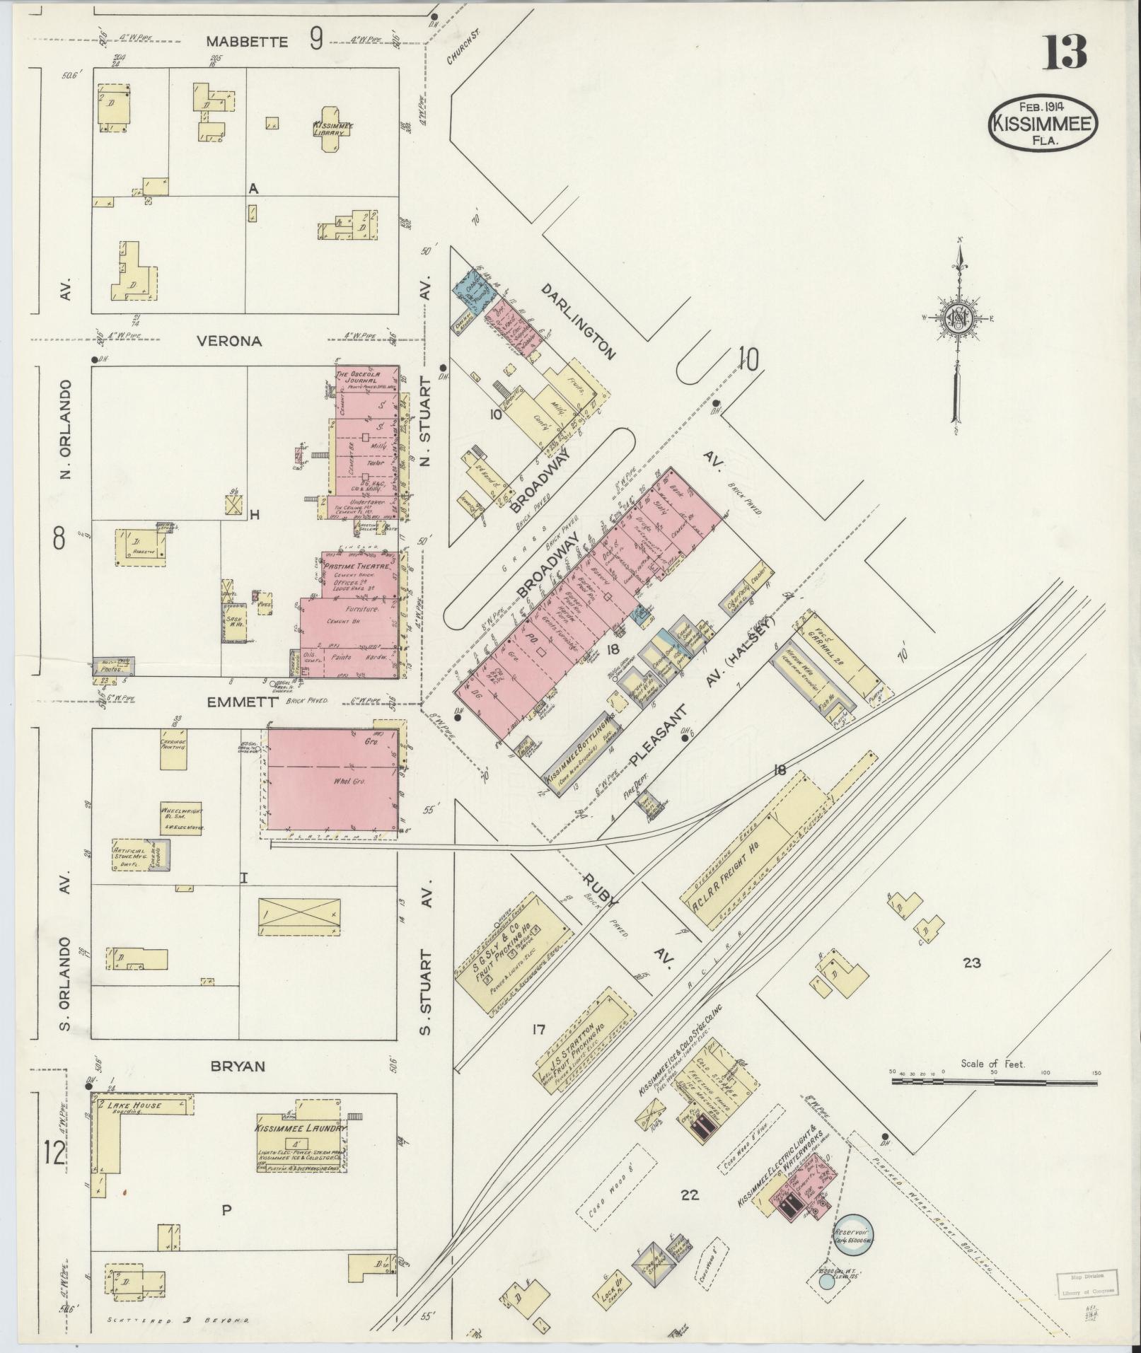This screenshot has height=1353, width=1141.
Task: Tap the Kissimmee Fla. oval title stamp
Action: tap(1043, 123)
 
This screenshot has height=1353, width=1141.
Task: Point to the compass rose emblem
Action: tap(959, 319)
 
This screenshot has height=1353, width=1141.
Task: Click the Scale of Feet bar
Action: tap(994, 1101)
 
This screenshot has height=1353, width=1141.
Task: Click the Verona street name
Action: tap(228, 341)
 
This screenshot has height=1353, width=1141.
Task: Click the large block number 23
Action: tap(972, 963)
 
